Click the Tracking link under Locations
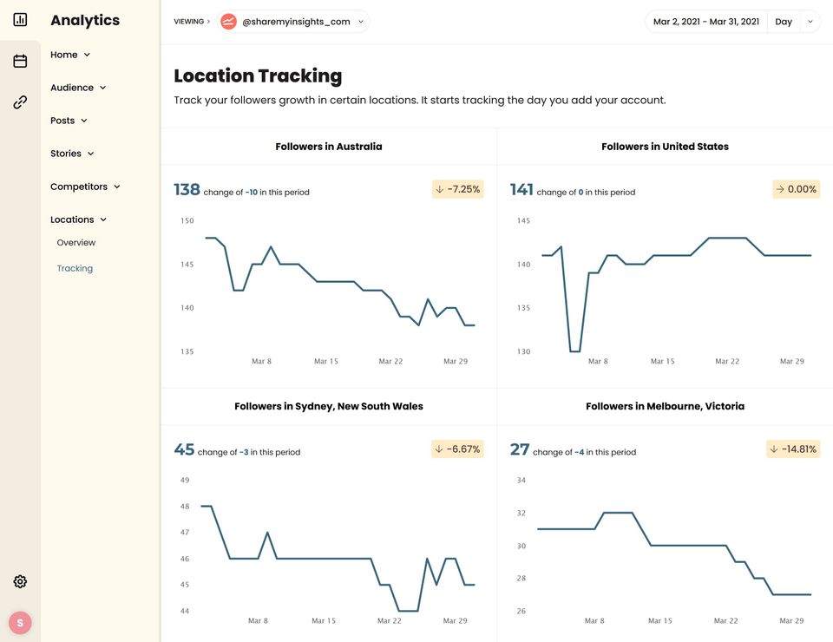75,269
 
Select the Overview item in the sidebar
76,243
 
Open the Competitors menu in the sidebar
85,187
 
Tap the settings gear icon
20,581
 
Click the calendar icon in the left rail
20,61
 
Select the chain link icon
20,102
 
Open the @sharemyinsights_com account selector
294,22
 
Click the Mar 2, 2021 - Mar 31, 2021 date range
705,22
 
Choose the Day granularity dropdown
793,22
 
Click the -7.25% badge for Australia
457,189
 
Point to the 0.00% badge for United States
796,189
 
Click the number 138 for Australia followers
187,189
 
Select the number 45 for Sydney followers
184,449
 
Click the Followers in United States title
665,147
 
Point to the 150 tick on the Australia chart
187,220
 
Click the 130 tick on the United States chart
523,351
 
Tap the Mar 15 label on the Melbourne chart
660,621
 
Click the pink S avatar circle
20,623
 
